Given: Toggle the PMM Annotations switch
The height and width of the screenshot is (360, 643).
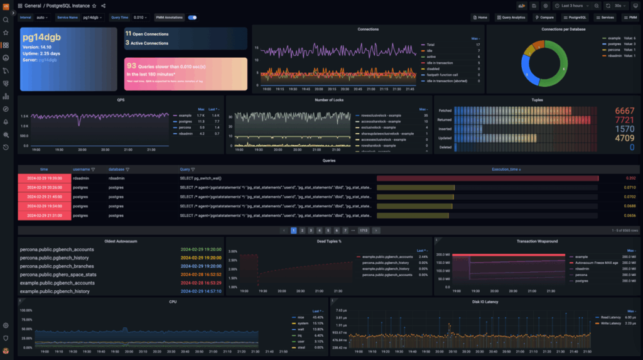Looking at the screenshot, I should [192, 18].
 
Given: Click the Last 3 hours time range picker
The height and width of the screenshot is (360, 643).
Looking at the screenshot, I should [571, 6].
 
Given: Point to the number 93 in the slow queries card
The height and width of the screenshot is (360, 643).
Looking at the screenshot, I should [131, 65].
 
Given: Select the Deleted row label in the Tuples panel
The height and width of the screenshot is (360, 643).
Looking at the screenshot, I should [445, 146].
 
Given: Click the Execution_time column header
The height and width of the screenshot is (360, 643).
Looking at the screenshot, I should [505, 169].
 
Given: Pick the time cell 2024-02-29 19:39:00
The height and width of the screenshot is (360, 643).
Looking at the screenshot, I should [44, 178].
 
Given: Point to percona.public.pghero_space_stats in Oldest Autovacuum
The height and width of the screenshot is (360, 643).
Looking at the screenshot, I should [58, 275].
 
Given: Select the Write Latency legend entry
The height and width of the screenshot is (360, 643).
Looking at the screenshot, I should [611, 322].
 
